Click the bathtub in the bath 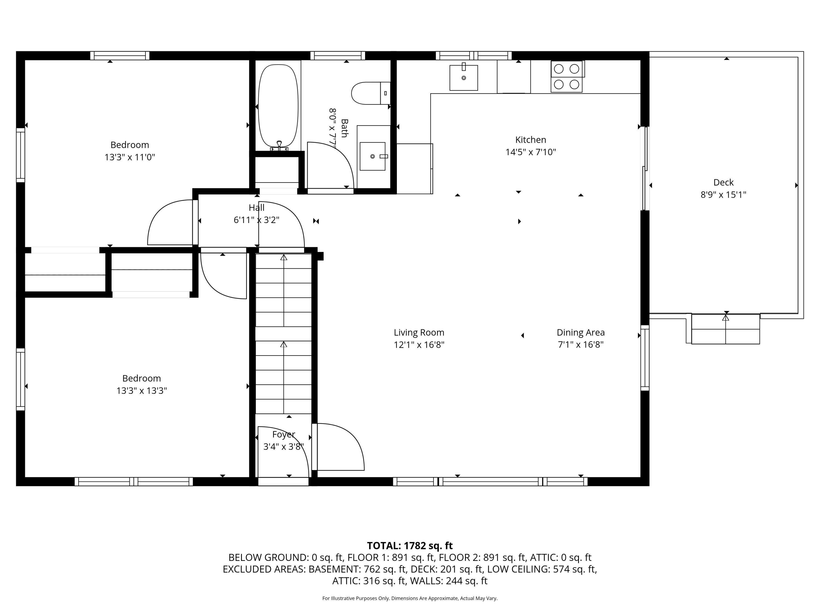click(278, 106)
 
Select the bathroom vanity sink click(373, 156)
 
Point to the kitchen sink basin click(463, 78)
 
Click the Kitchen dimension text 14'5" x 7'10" click(531, 152)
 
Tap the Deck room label click(723, 182)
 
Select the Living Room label click(419, 333)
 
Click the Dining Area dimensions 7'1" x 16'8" click(581, 344)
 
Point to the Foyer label click(284, 434)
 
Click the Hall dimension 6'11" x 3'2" click(256, 220)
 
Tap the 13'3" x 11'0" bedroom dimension click(130, 157)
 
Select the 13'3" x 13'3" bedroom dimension click(142, 391)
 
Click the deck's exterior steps click(725, 329)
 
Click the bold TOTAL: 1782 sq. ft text click(410, 546)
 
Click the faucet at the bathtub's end click(279, 145)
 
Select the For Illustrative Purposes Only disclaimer click(410, 598)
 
